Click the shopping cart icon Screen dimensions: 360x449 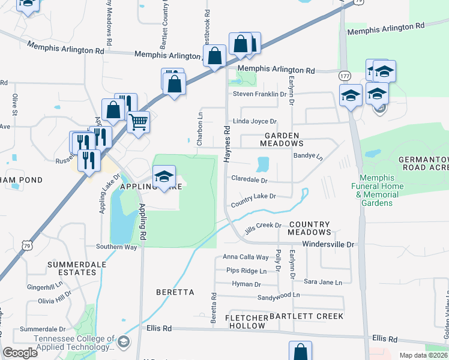click(139, 122)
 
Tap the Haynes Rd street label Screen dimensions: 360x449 click(228, 143)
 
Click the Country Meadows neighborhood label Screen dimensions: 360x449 click(309, 227)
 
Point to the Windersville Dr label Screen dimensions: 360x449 click(328, 244)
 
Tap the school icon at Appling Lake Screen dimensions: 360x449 click(164, 176)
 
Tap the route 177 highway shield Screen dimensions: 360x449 click(345, 76)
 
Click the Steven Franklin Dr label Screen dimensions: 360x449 click(260, 94)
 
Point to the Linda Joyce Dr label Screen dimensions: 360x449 click(259, 121)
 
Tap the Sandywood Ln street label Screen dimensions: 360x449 click(279, 295)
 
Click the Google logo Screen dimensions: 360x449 click(20, 353)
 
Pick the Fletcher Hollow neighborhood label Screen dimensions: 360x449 click(245, 322)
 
